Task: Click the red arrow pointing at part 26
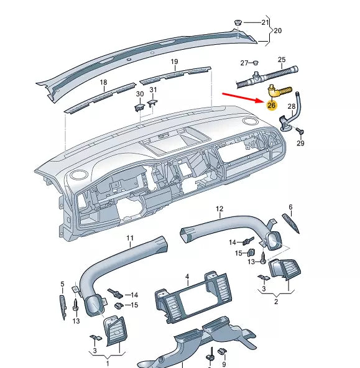[242, 97]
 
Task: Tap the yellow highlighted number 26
[271, 105]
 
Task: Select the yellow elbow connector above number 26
[277, 92]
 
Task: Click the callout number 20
[278, 30]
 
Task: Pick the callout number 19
[174, 62]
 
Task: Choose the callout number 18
[103, 82]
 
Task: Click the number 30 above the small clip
[139, 94]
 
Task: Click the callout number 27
[244, 63]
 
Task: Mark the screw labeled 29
[301, 131]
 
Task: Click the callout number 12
[219, 208]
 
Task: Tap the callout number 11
[130, 238]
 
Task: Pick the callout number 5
[62, 284]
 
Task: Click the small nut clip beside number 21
[238, 24]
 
